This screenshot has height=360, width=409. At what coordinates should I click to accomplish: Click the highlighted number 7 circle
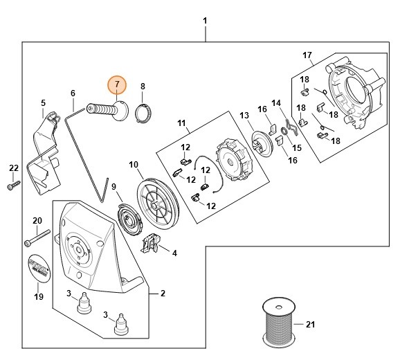(118, 84)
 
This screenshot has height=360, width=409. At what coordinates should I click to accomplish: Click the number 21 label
(310, 323)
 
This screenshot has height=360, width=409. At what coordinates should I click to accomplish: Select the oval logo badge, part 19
(39, 267)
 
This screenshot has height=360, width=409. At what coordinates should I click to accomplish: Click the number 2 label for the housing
(162, 293)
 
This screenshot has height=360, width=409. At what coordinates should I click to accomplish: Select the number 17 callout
(307, 55)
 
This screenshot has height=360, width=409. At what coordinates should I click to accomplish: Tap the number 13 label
(244, 115)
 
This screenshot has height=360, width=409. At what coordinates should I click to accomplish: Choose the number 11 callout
(182, 123)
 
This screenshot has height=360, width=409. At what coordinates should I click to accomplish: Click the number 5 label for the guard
(42, 104)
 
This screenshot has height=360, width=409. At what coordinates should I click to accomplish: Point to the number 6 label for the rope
(73, 93)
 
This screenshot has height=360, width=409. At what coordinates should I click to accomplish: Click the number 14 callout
(276, 103)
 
